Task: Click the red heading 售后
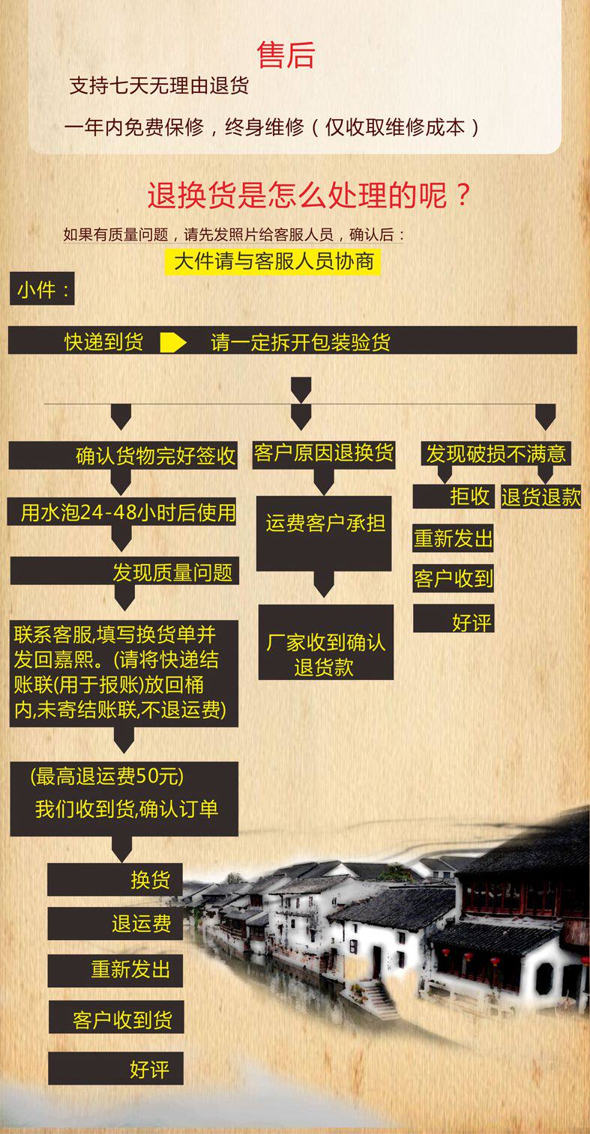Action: (286, 55)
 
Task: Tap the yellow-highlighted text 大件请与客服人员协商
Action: (273, 261)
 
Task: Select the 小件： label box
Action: (43, 289)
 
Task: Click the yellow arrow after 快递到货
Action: (173, 342)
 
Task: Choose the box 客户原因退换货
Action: (324, 454)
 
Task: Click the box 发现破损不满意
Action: (496, 454)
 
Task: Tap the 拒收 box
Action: (453, 496)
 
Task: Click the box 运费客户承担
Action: (324, 524)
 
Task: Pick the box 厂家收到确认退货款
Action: (325, 654)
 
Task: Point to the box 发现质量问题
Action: (124, 573)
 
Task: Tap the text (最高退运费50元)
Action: (107, 777)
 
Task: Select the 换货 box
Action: (115, 879)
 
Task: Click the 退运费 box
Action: (115, 924)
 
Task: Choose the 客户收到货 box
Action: (115, 1019)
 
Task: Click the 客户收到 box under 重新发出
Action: (453, 578)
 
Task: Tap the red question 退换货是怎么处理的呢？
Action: (309, 196)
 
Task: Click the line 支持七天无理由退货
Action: (159, 86)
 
